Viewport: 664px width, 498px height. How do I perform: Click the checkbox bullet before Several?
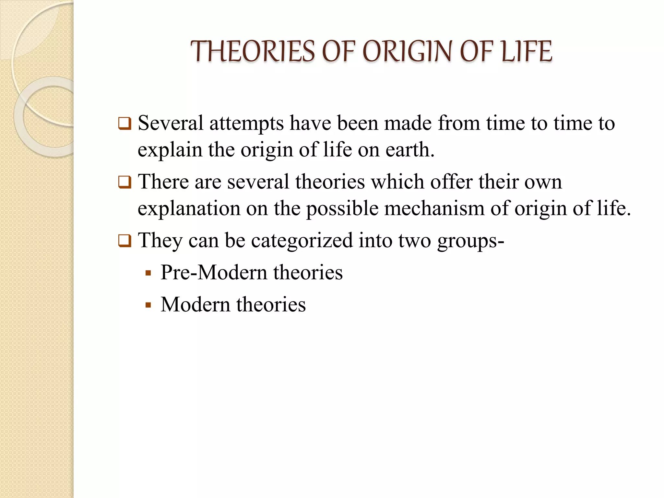tap(124, 124)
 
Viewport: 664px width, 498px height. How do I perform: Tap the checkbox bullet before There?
tap(124, 182)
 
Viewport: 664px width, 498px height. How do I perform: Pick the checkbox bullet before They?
tap(124, 241)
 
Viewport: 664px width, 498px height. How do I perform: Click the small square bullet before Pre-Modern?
tap(148, 273)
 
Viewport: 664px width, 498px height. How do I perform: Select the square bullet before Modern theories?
tap(148, 305)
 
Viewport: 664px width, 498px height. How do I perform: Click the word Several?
tap(171, 123)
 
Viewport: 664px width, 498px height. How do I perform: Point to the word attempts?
tap(246, 124)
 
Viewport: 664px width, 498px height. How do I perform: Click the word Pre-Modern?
tap(214, 272)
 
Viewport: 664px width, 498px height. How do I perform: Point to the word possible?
tap(342, 209)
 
